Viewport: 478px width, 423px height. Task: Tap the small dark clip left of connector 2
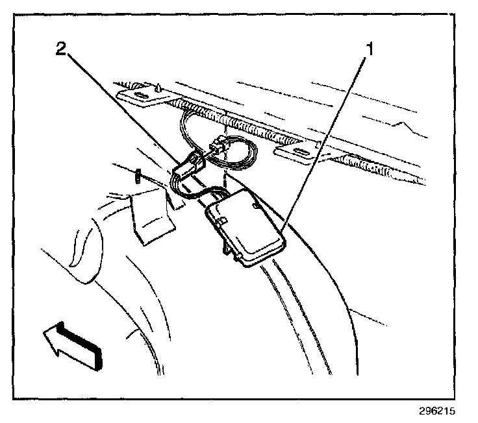click(138, 176)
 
